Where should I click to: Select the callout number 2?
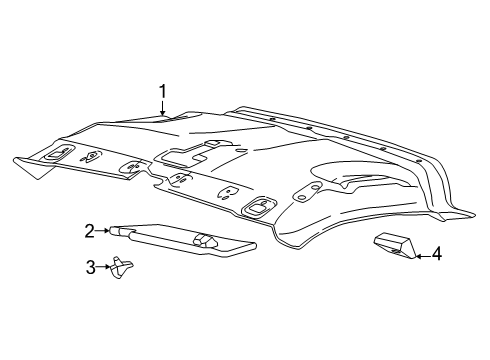(x=89, y=231)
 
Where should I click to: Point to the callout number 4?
(x=437, y=256)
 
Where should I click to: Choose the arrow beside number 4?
(x=419, y=256)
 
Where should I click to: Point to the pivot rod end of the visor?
(x=117, y=231)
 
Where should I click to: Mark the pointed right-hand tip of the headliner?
(x=468, y=213)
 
